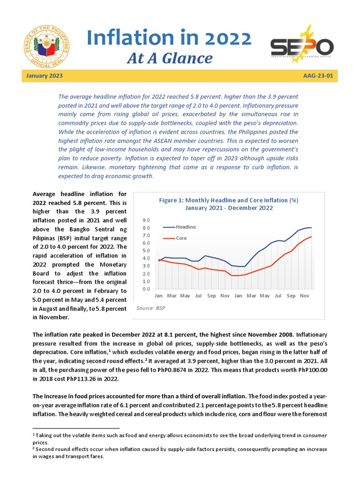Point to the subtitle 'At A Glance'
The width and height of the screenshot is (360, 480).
click(170, 58)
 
